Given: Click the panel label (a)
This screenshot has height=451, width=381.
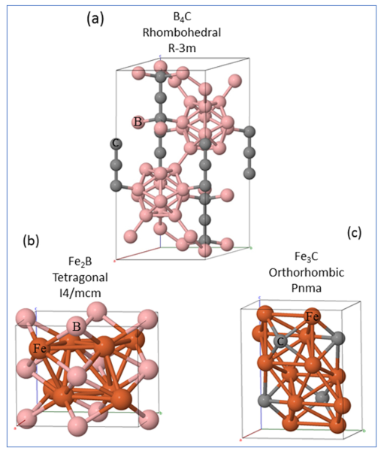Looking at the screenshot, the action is [95, 20].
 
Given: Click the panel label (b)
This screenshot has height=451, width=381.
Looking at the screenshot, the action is [31, 241].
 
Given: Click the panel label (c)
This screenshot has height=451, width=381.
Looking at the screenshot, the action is [354, 232].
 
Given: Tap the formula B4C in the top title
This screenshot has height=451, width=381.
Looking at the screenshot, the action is [182, 17].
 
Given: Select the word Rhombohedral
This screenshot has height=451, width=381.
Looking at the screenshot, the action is [182, 32].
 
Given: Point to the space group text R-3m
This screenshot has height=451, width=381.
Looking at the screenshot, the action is [182, 48].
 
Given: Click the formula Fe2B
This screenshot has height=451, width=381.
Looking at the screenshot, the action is [80, 262].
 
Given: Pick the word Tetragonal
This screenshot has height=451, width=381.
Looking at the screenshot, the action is [80, 277].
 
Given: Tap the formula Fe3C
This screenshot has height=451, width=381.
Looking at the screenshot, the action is [307, 256].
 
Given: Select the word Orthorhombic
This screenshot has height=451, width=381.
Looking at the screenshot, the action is [307, 272].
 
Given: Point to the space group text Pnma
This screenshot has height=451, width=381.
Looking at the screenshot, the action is [307, 288].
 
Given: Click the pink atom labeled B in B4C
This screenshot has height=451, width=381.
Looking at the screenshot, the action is [138, 123].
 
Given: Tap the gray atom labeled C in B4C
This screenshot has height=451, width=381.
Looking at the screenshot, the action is [116, 144].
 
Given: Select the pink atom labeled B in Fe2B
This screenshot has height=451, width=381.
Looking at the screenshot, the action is [76, 327].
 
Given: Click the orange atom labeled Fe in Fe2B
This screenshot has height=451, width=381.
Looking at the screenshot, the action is [39, 349].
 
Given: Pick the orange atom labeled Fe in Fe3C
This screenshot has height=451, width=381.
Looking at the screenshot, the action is [312, 316].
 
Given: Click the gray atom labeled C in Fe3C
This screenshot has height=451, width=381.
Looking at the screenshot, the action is [281, 341].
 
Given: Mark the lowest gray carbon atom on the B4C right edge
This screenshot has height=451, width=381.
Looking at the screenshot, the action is [249, 174].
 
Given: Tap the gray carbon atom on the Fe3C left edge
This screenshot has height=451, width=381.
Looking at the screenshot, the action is [265, 401].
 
